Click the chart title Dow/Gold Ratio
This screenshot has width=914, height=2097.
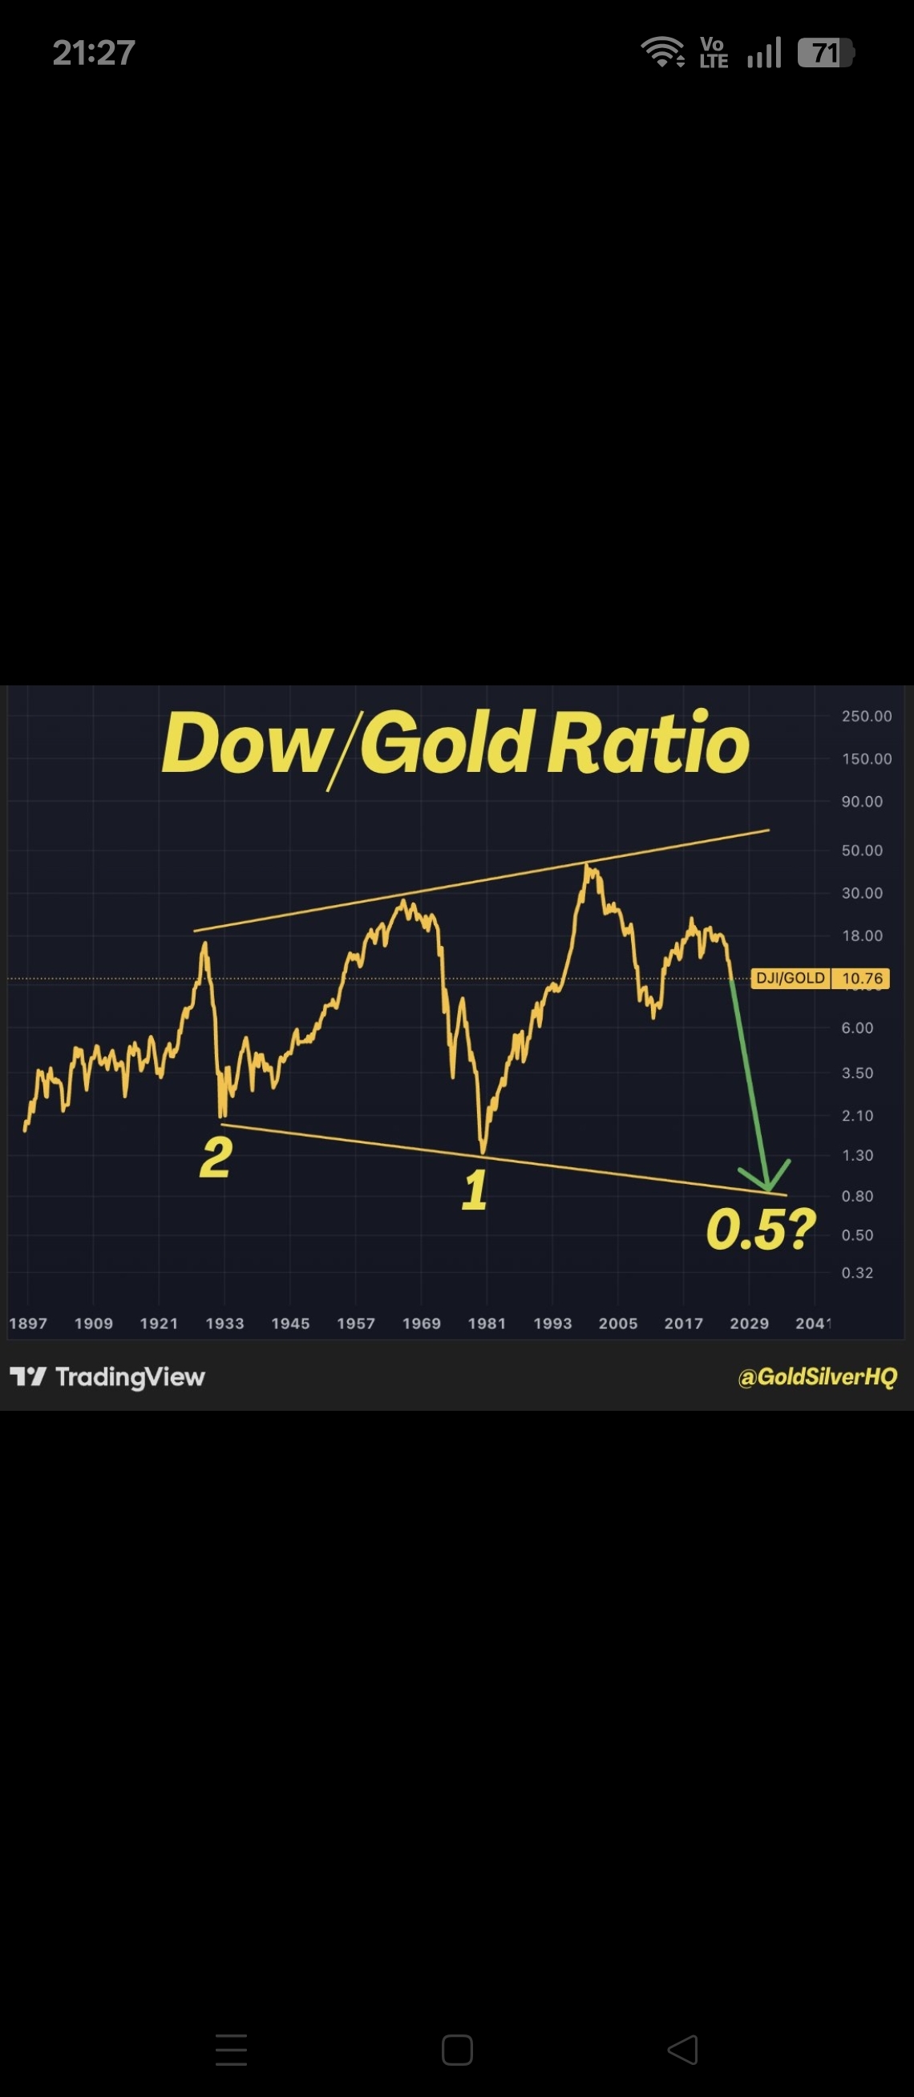click(x=455, y=743)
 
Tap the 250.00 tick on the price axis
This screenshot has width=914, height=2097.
click(x=867, y=717)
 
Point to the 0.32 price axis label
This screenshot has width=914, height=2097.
click(x=857, y=1272)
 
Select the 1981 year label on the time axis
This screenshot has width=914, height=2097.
click(x=487, y=1323)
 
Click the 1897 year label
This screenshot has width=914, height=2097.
click(x=29, y=1323)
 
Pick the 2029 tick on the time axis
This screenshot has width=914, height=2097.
click(x=749, y=1323)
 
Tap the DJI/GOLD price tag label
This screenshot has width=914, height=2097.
click(x=791, y=978)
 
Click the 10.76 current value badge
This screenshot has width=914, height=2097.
click(x=861, y=979)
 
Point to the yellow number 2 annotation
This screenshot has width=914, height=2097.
click(x=216, y=1157)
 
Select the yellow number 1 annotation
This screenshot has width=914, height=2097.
click(x=475, y=1190)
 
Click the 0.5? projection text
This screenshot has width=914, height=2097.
click(x=760, y=1229)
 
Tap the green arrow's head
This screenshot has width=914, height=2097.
click(x=766, y=1178)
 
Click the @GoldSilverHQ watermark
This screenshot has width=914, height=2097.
click(x=817, y=1376)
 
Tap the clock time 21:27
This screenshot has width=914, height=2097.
click(x=94, y=53)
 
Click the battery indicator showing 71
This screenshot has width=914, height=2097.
click(x=825, y=53)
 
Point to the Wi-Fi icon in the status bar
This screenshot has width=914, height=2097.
click(x=663, y=52)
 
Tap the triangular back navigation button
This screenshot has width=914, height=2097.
click(x=683, y=2049)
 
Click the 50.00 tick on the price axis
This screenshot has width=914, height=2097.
click(x=862, y=851)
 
